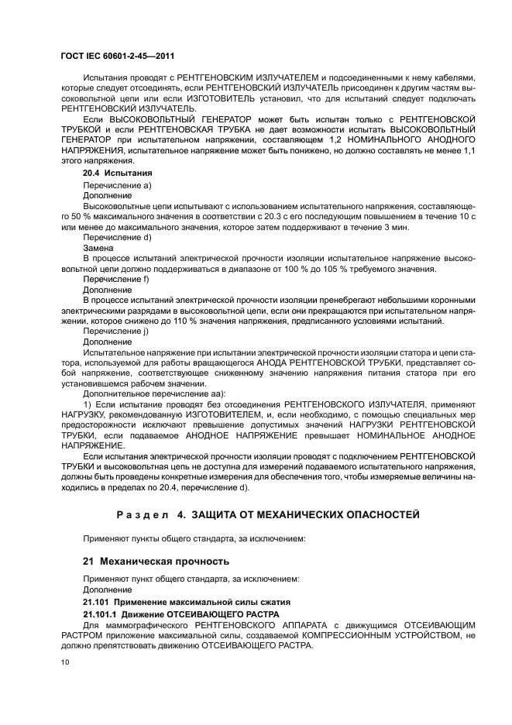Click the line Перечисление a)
coord(117,185)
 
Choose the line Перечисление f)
coord(116,278)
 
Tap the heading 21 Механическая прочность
coord(150,559)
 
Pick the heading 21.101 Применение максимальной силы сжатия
coord(174,602)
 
